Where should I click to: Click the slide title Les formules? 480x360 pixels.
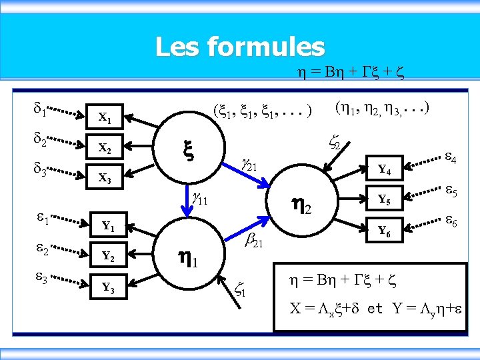pyautogui.click(x=239, y=47)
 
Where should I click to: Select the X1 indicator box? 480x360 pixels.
pyautogui.click(x=105, y=119)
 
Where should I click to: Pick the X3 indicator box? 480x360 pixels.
pyautogui.click(x=105, y=178)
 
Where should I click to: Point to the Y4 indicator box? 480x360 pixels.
pyautogui.click(x=384, y=169)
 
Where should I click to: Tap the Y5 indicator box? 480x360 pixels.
pyautogui.click(x=384, y=199)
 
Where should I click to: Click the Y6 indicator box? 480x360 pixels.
pyautogui.click(x=384, y=231)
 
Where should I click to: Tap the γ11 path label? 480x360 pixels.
pyautogui.click(x=201, y=198)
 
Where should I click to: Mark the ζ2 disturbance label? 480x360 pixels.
pyautogui.click(x=335, y=141)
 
